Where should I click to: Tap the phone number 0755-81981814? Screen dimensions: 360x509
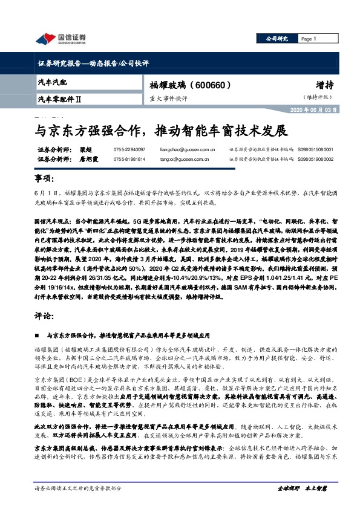129,159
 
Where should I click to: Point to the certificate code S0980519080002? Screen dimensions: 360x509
315,159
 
